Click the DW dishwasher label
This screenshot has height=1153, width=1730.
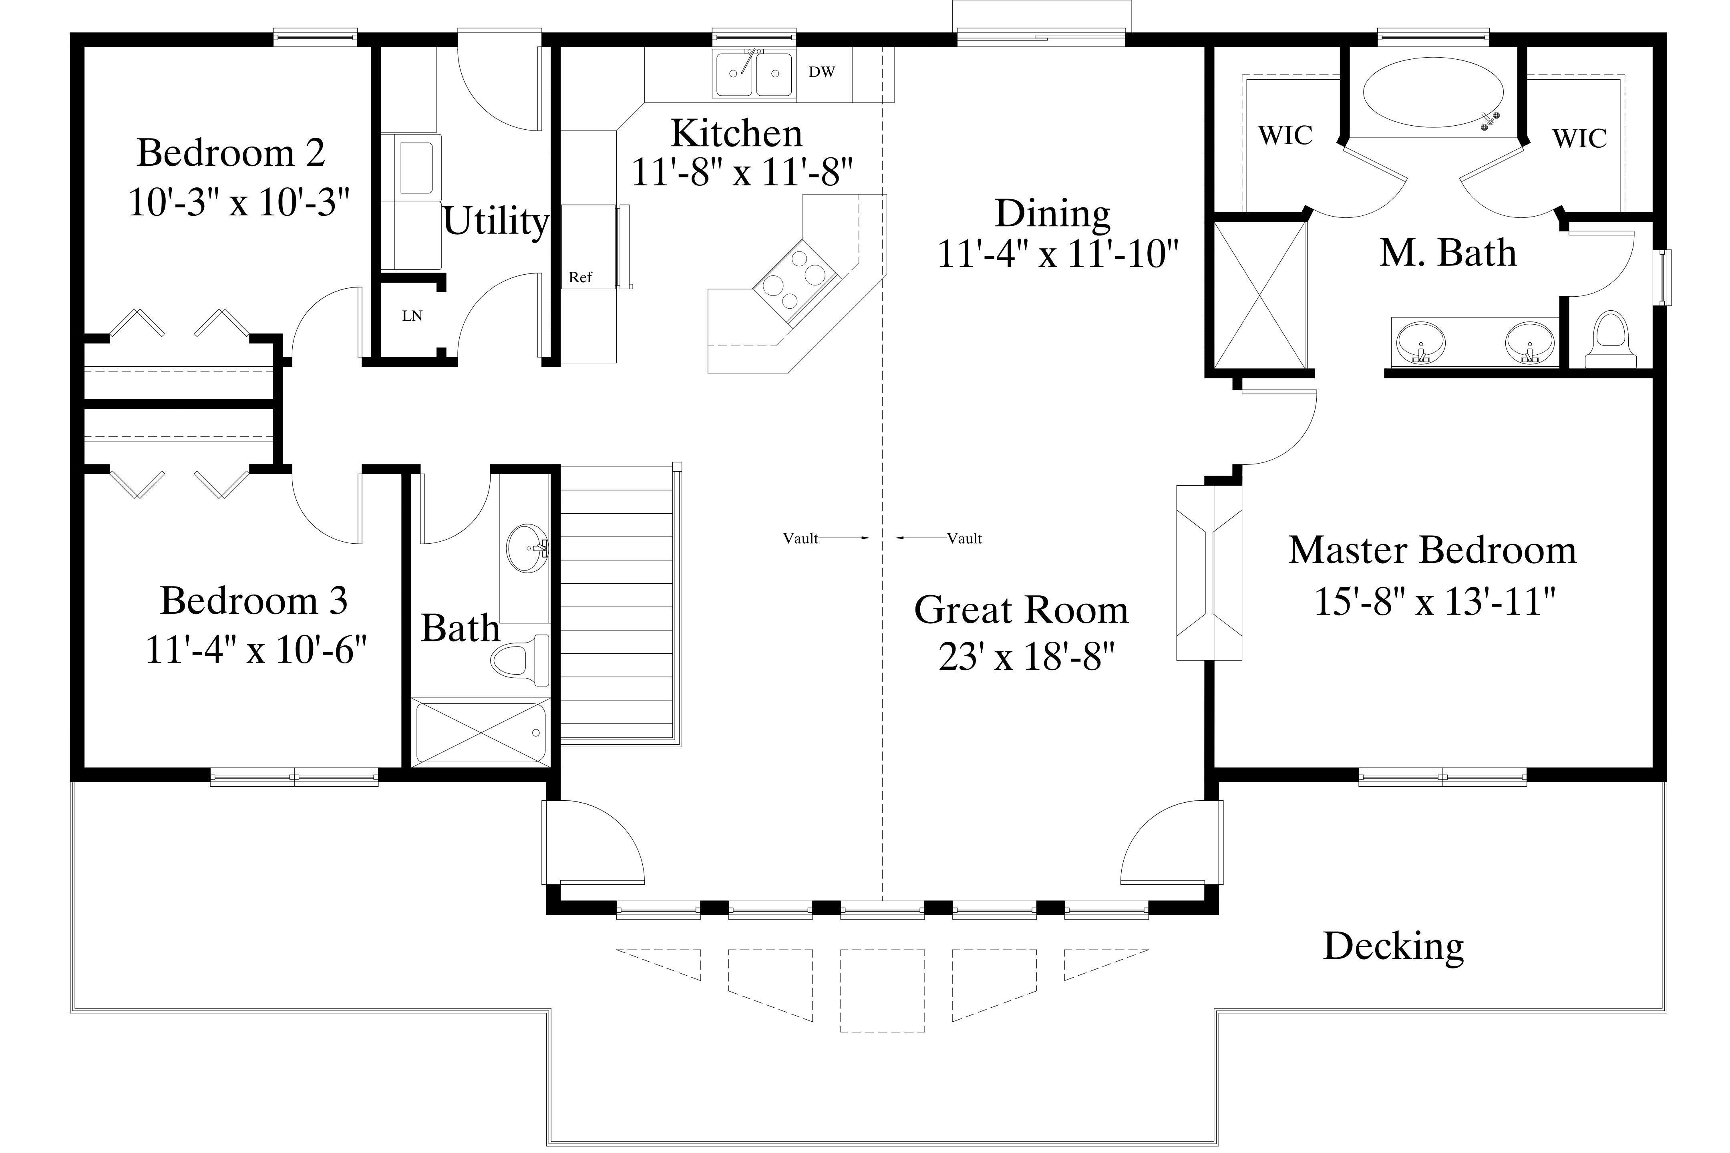click(822, 72)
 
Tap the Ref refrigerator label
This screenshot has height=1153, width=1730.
click(580, 277)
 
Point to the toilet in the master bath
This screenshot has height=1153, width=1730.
click(1610, 340)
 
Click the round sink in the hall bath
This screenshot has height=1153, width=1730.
click(527, 548)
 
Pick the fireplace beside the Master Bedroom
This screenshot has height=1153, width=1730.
click(1209, 573)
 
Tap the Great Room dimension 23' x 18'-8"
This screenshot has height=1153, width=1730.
click(1027, 657)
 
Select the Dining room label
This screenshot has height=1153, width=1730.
click(1052, 213)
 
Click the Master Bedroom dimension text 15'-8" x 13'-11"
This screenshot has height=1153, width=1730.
click(1434, 601)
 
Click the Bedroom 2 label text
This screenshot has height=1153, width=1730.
click(231, 153)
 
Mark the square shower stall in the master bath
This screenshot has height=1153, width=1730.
click(1260, 295)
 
